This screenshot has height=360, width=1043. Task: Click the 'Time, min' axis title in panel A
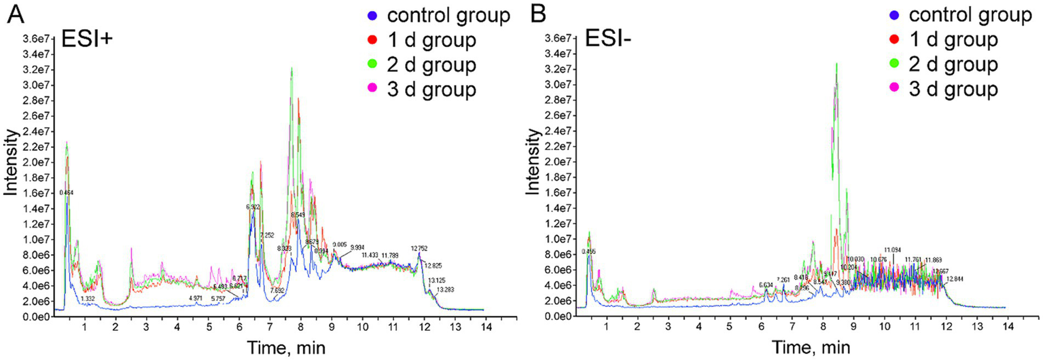272,348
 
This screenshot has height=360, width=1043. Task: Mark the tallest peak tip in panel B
836,63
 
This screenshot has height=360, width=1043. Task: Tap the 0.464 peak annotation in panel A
67,193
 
